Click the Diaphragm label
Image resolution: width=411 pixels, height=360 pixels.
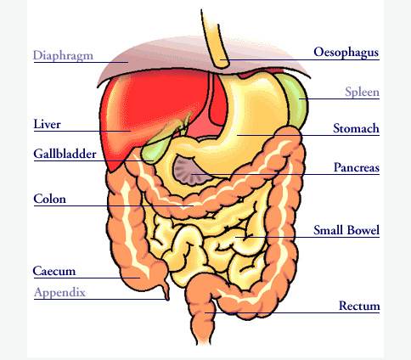(63, 56)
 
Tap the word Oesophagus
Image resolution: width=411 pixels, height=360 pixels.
(346, 53)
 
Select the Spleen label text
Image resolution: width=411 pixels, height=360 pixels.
(362, 92)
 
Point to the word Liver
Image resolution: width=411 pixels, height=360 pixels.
(47, 124)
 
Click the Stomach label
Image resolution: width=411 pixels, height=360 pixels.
(356, 128)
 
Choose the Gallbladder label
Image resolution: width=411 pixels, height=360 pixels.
(65, 154)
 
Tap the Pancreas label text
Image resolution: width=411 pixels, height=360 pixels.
(357, 167)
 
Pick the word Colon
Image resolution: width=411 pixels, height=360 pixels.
(49, 199)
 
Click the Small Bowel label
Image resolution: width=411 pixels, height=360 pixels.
(346, 230)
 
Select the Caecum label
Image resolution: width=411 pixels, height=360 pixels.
(54, 271)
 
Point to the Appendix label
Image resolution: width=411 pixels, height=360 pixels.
(59, 292)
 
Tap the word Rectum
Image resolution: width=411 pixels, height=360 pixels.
(359, 306)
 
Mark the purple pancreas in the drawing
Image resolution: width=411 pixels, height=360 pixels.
(190, 172)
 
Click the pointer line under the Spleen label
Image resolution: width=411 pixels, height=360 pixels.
(339, 98)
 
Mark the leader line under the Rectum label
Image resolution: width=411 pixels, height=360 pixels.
(292, 312)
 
